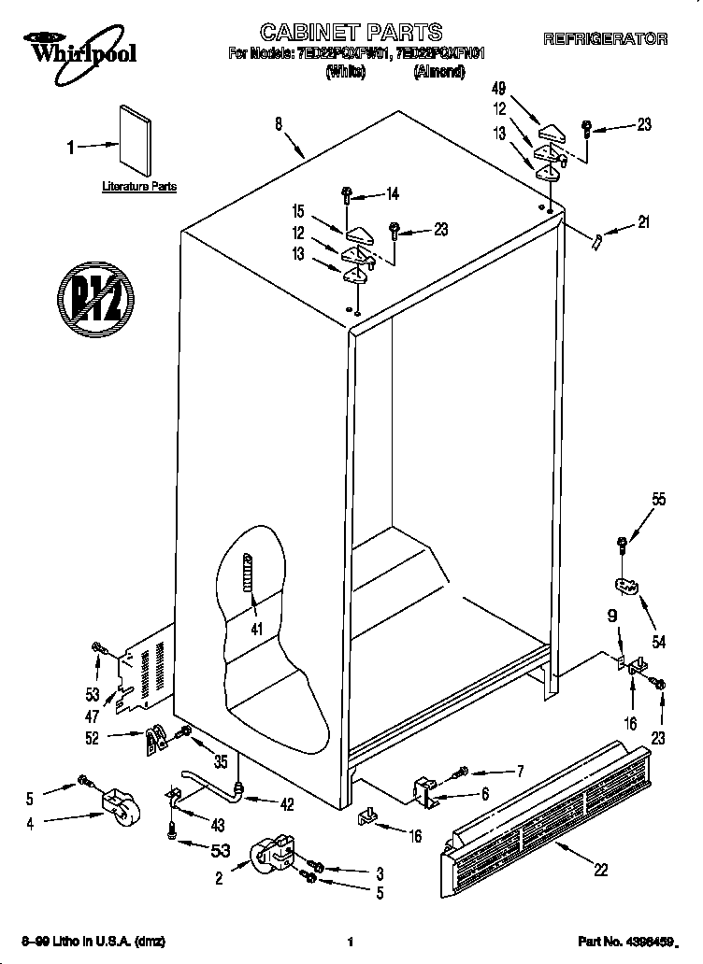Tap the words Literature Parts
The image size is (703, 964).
[139, 187]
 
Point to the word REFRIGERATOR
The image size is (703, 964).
[605, 39]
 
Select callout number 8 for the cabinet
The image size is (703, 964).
[280, 122]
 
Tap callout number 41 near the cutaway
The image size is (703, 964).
[255, 629]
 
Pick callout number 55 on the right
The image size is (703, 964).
[659, 500]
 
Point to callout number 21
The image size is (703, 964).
[642, 222]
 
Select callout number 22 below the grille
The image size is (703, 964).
[600, 870]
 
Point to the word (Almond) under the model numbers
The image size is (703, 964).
[438, 72]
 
